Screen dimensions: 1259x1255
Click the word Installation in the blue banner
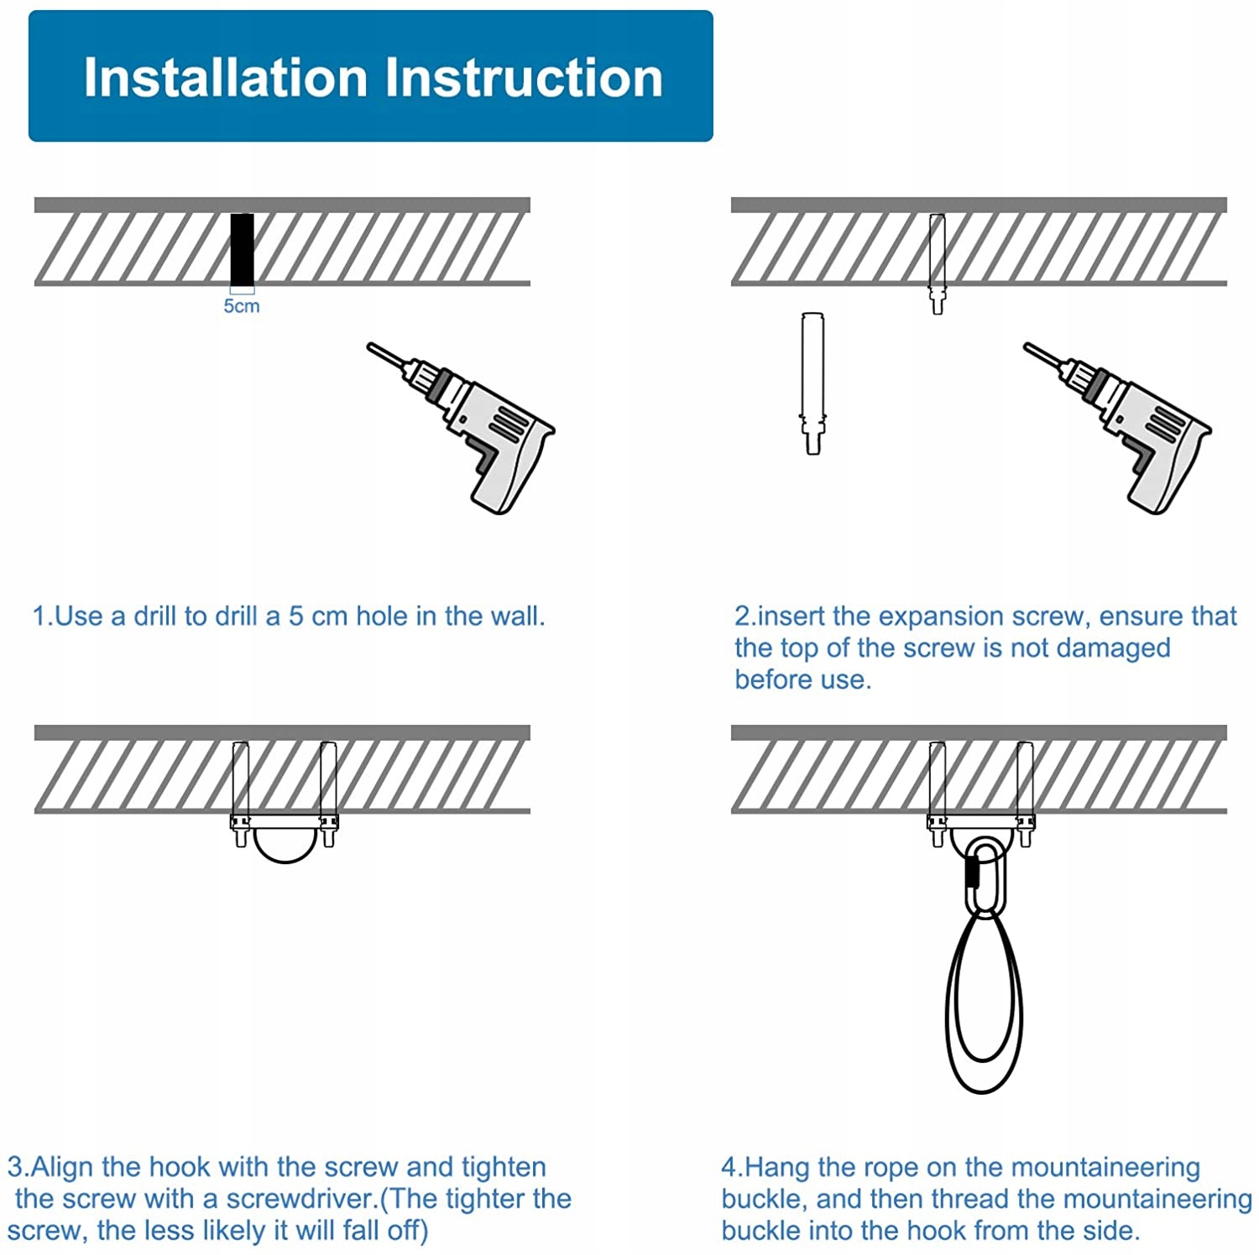[x=226, y=77]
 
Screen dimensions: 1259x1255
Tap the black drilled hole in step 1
[x=243, y=250]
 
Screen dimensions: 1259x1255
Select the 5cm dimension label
[x=242, y=306]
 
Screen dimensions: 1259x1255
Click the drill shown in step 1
[x=461, y=427]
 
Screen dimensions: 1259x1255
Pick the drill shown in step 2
[x=1117, y=427]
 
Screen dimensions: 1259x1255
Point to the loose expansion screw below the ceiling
[x=812, y=383]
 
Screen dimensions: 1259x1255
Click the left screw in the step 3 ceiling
[x=241, y=794]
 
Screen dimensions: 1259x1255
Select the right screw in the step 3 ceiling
[x=328, y=794]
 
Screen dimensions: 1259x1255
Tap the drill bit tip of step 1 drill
[x=369, y=345]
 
